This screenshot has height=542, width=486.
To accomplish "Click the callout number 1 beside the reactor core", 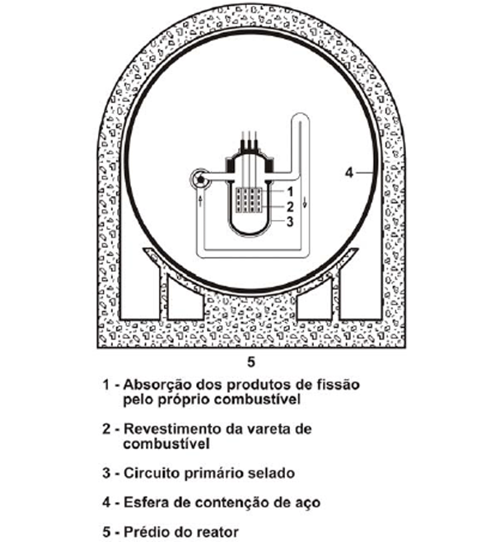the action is pyautogui.click(x=290, y=191).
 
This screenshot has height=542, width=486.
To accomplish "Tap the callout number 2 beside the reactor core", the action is pyautogui.click(x=290, y=207).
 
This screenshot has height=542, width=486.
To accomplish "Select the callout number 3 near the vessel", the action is pyautogui.click(x=290, y=222).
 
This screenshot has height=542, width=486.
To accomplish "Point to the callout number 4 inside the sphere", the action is pyautogui.click(x=349, y=172).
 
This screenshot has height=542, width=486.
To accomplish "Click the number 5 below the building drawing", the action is pyautogui.click(x=251, y=362).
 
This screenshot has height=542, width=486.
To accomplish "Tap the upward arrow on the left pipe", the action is pyautogui.click(x=200, y=201).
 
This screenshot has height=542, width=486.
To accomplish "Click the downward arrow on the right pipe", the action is pyautogui.click(x=305, y=202).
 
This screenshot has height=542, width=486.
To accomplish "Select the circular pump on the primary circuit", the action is pyautogui.click(x=200, y=179).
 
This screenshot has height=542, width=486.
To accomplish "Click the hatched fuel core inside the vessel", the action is pyautogui.click(x=249, y=200).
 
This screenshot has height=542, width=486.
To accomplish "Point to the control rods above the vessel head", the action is pyautogui.click(x=249, y=141).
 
